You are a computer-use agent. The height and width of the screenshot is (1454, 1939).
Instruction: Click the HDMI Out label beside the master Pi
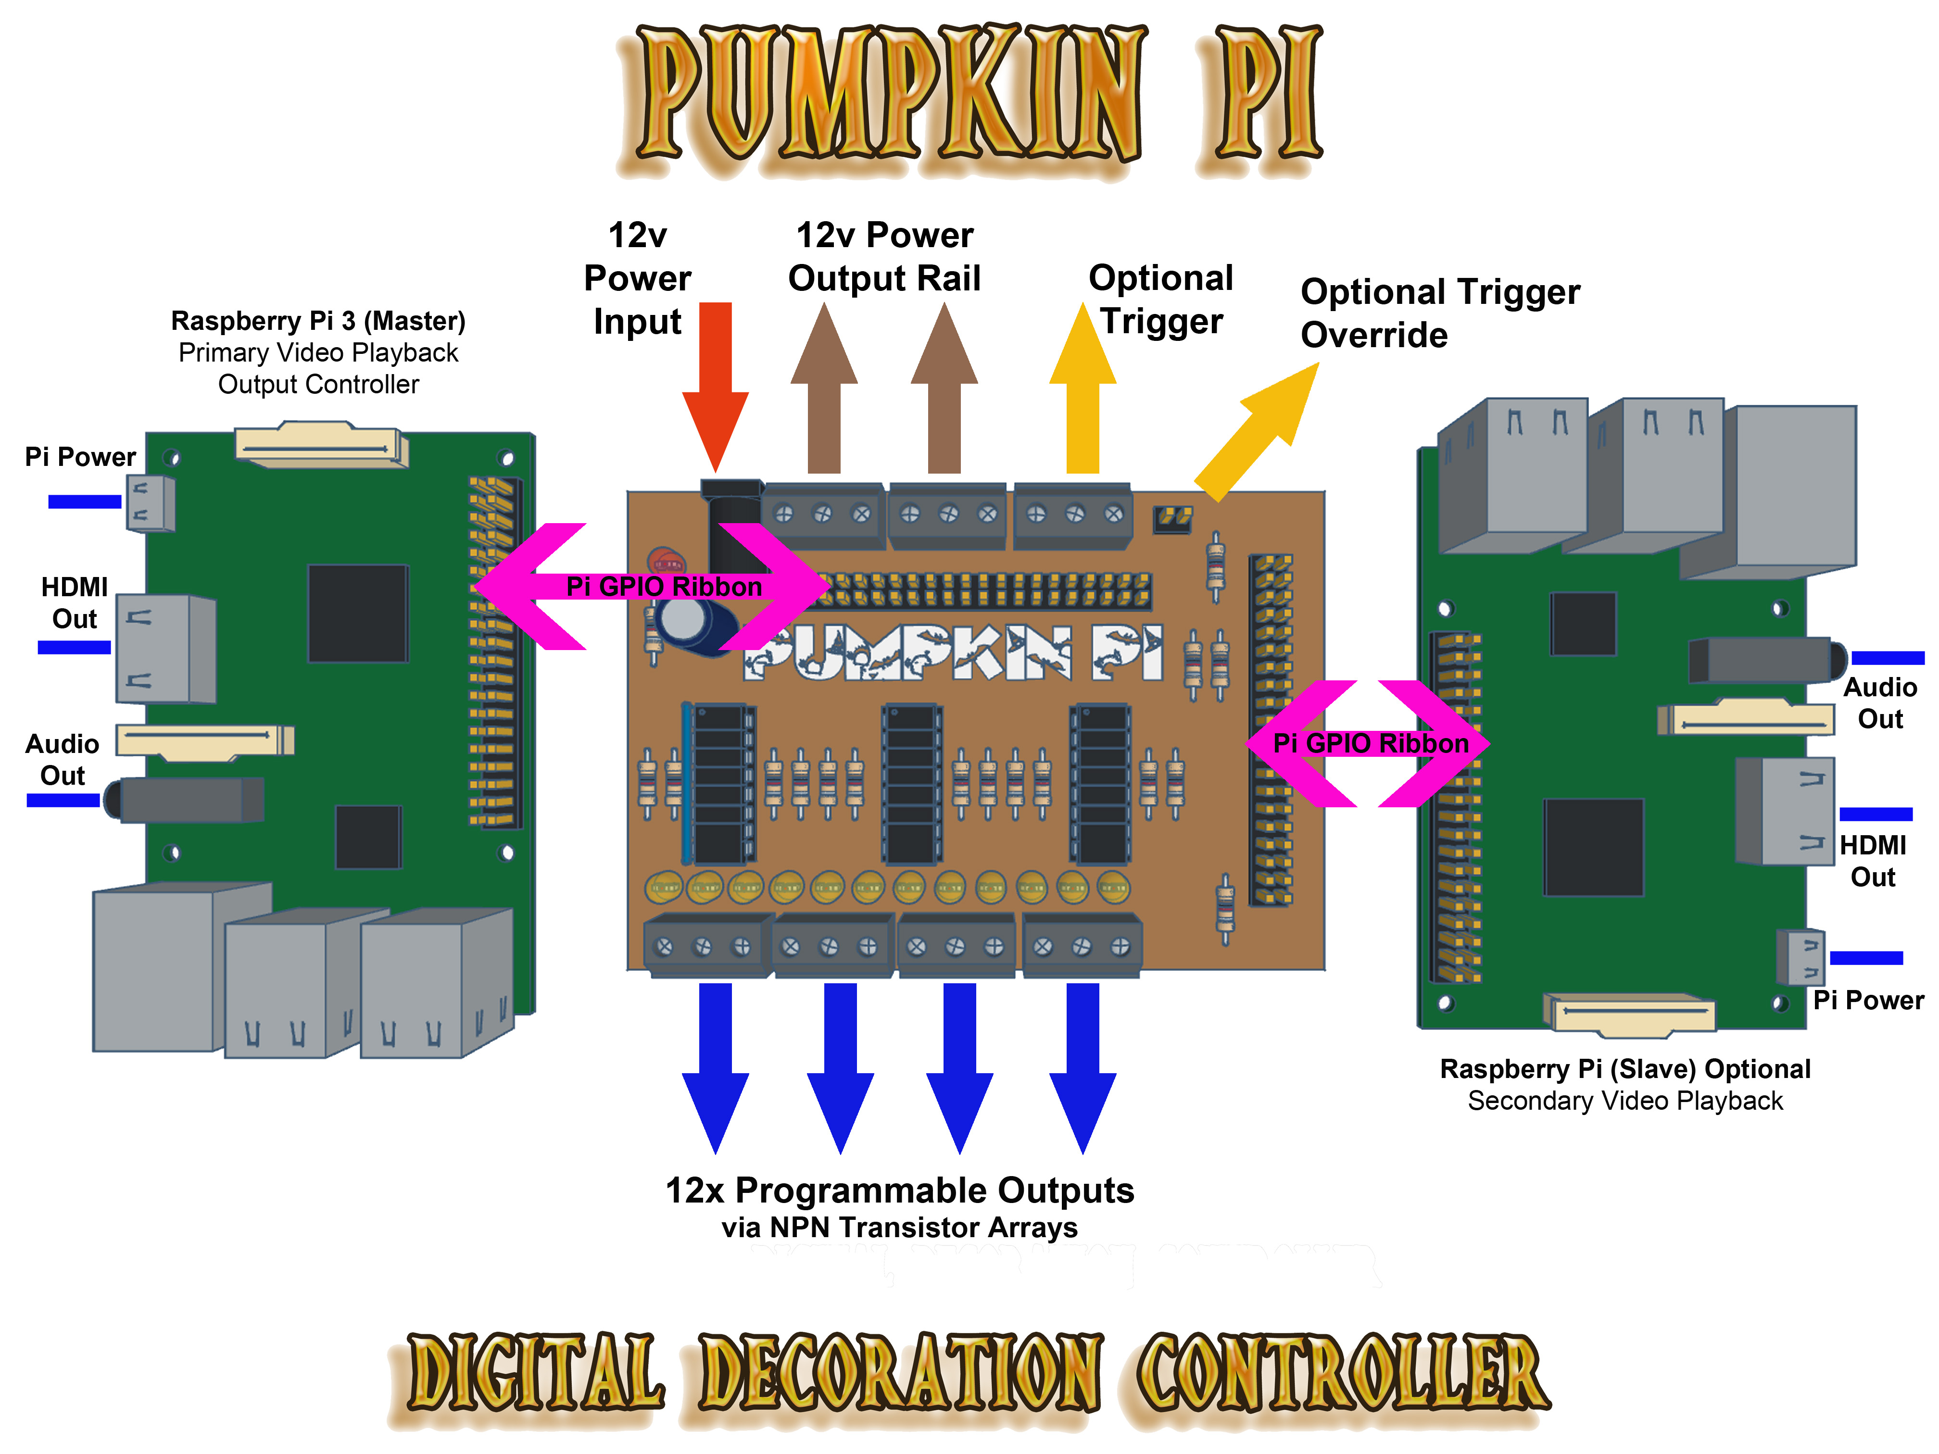[75, 603]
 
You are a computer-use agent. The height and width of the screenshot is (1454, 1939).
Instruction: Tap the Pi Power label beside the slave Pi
[1867, 1000]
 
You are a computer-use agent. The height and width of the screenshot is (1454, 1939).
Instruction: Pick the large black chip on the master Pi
[358, 614]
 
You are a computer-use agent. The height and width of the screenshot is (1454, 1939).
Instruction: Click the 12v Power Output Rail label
[883, 257]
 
